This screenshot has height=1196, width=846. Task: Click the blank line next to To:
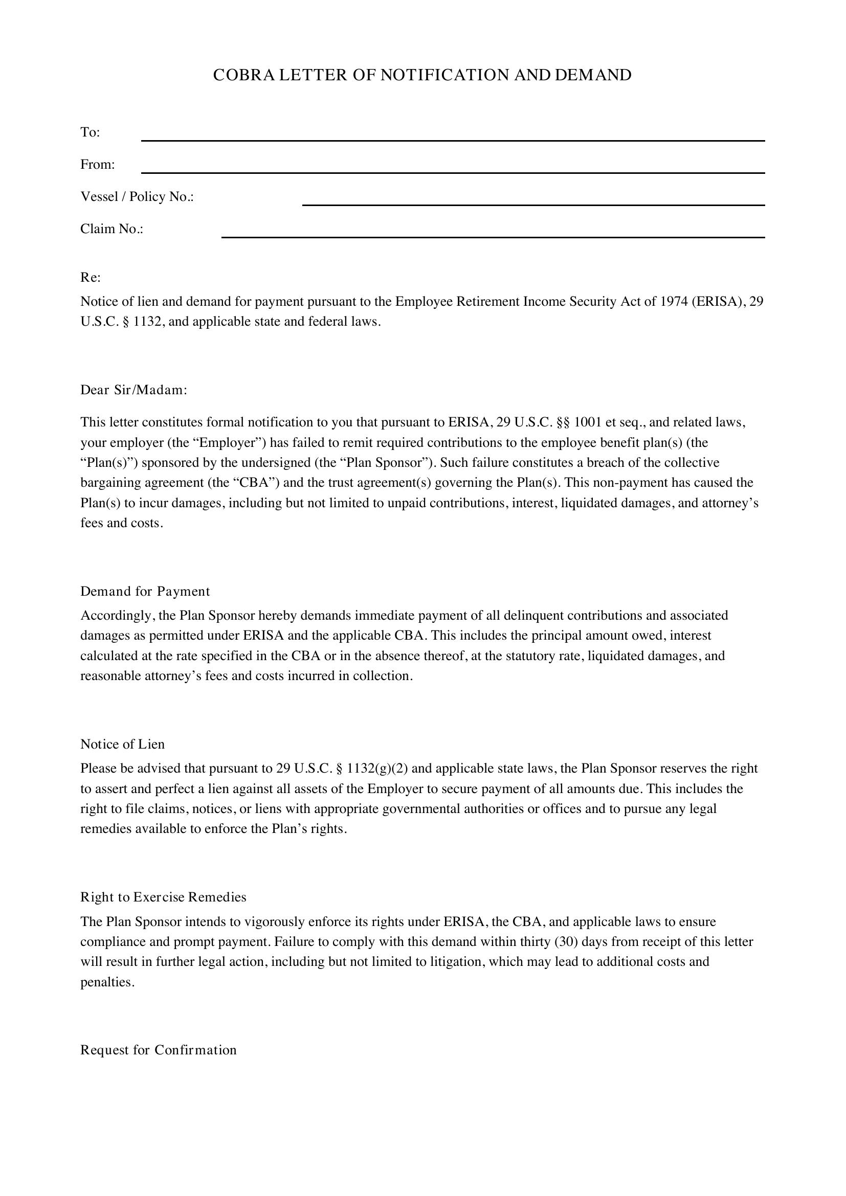pos(453,140)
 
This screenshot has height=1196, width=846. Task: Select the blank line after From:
pos(453,172)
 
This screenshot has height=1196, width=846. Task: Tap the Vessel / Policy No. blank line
pos(533,204)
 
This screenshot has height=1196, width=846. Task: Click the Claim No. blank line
pos(493,237)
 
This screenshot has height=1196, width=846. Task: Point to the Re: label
pos(91,278)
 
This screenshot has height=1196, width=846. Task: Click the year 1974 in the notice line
pos(674,302)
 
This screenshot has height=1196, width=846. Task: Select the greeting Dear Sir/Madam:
pos(134,390)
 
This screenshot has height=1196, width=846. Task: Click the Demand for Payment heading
pos(145,591)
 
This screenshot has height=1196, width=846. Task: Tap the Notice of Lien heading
pos(122,744)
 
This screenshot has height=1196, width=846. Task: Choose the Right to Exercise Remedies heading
pos(163,897)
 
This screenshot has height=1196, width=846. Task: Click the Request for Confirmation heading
pos(159,1050)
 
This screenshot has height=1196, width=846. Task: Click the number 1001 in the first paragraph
pos(588,422)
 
